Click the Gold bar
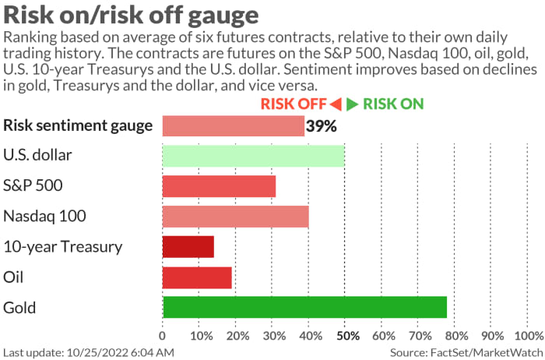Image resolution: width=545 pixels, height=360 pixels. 304,307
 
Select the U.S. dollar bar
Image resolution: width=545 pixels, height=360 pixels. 253,155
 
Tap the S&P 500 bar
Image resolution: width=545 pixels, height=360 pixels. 219,185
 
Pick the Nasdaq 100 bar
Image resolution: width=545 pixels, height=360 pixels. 235,216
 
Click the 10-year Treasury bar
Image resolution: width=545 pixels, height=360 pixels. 188,246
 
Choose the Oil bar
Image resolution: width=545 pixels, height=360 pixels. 197,277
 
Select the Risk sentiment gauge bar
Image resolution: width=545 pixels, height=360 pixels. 233,125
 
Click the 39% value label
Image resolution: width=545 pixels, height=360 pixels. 321,125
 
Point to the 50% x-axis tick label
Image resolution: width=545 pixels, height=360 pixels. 346,336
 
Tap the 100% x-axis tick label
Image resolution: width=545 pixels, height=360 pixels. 529,336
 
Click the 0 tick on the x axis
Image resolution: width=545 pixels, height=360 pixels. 162,336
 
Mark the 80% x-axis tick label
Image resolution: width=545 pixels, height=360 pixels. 456,336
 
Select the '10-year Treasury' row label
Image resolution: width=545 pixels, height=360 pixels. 63,247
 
